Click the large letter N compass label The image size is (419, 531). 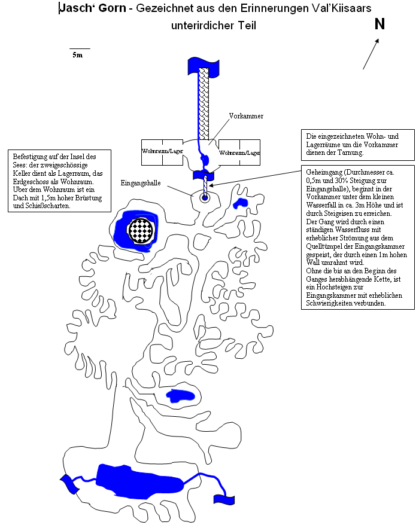coord(379,24)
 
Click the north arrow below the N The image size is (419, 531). coord(371,54)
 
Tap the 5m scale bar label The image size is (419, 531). coord(77,55)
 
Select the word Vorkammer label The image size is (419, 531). coord(246,116)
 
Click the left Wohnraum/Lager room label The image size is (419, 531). coord(162,152)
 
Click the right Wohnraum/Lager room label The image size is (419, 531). coord(240,153)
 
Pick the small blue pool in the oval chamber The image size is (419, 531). coord(180,395)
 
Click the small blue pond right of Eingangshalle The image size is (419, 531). coord(242,203)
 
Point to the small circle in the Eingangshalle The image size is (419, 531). coord(205,198)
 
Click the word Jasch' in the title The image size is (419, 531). coord(74,8)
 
